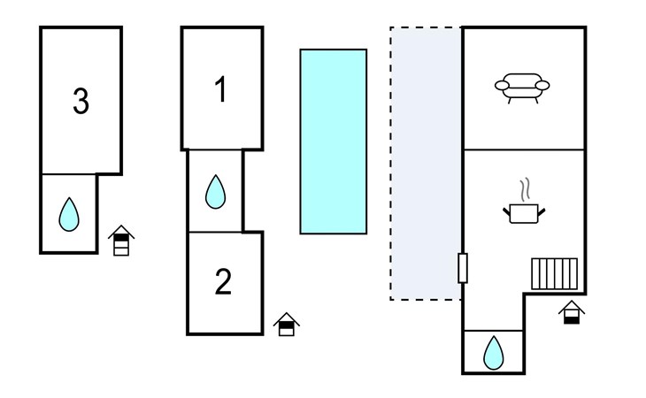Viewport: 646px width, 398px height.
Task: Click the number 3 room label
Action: [x=81, y=103]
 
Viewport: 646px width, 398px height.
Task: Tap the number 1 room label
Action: [x=221, y=90]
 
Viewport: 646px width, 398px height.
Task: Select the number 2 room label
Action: [x=223, y=282]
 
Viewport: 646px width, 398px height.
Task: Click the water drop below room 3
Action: [x=69, y=214]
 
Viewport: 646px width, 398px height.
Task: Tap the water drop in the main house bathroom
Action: [x=493, y=353]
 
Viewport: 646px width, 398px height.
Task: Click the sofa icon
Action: [x=522, y=87]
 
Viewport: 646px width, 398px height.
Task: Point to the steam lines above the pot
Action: [x=525, y=188]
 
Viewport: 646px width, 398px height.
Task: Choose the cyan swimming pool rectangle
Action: [x=334, y=142]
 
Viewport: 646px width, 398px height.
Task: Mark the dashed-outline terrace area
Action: [x=426, y=164]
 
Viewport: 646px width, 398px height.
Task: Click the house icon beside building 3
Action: [x=122, y=241]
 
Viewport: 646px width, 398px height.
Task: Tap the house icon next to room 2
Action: [x=286, y=325]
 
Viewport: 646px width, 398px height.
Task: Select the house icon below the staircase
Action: [x=573, y=312]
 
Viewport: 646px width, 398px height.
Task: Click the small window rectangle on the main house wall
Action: [x=463, y=268]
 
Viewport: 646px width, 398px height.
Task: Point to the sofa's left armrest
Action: [x=501, y=86]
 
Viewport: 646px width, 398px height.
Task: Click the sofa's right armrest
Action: [x=543, y=86]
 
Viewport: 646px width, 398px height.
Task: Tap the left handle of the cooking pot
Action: [x=507, y=210]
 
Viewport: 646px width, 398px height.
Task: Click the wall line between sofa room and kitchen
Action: [x=524, y=149]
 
